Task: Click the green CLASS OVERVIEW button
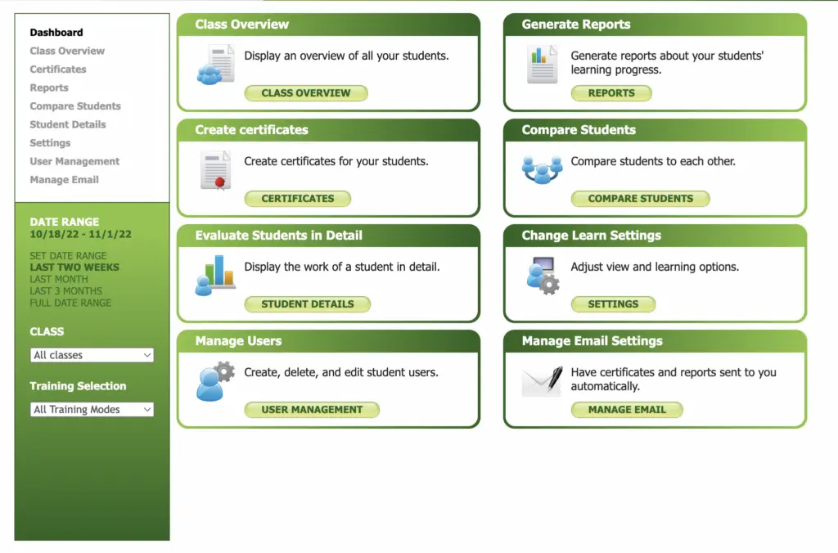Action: coord(306,93)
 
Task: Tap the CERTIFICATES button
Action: coord(298,198)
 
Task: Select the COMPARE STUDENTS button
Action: coord(640,198)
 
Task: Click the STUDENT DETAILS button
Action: coord(308,304)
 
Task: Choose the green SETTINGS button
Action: coord(613,304)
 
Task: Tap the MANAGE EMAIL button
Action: coord(627,410)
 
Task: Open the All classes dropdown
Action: coord(92,355)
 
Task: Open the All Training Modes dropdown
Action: coord(92,410)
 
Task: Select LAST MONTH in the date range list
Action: coord(59,279)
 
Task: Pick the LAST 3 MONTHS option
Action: coord(65,291)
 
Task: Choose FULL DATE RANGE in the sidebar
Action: coord(70,303)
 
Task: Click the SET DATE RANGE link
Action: coord(68,256)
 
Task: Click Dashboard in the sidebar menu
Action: coord(56,33)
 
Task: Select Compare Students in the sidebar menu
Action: coord(75,106)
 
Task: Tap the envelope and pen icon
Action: coord(543,380)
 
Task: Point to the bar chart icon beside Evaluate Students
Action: coord(215,275)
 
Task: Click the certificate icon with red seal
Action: coord(215,170)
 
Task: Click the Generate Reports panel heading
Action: coord(576,25)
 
